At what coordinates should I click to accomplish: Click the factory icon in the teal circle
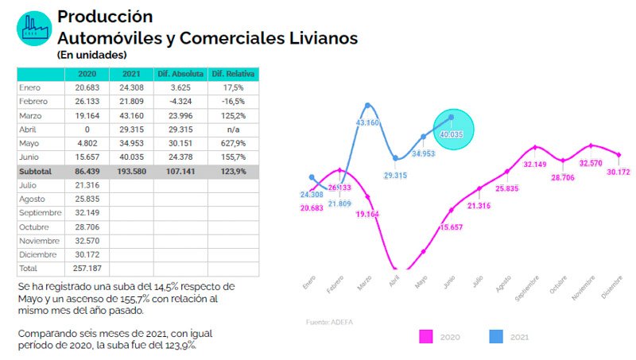(x=33, y=29)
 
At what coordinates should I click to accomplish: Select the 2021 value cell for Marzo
(x=131, y=115)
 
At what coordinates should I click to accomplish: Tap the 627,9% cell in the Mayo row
(x=234, y=143)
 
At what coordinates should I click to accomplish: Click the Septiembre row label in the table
(x=40, y=213)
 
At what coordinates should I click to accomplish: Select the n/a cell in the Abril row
(x=234, y=129)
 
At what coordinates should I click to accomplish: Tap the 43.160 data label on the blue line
(x=367, y=122)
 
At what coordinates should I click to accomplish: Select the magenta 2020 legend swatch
(x=425, y=337)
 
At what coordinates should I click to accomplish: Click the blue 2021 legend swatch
(x=495, y=337)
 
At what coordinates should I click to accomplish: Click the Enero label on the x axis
(x=309, y=283)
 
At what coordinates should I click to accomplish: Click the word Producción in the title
(x=105, y=16)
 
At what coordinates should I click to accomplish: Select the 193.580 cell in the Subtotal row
(x=131, y=171)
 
